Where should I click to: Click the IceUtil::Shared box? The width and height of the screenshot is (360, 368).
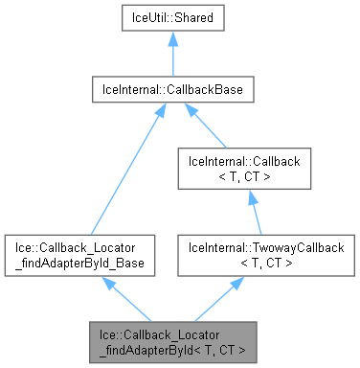[172, 18]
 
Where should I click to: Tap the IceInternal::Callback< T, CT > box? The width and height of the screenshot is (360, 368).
[249, 170]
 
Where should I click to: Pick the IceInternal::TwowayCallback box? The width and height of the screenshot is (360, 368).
[249, 254]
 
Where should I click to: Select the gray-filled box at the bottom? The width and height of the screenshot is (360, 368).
[172, 343]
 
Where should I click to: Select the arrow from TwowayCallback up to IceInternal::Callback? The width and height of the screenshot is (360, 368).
[249, 213]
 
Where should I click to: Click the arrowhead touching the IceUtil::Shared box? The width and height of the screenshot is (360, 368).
[172, 39]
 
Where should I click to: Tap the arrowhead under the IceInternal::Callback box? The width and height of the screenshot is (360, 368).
[249, 196]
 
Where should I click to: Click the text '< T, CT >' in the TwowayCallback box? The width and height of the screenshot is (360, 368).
[249, 262]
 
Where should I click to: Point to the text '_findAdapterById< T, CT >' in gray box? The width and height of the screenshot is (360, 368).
[172, 351]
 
